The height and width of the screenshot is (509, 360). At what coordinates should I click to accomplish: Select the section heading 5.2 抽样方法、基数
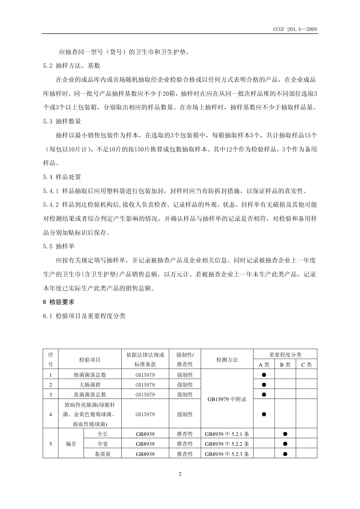click(x=72, y=66)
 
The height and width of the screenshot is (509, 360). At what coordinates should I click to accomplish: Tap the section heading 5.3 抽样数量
click(x=62, y=121)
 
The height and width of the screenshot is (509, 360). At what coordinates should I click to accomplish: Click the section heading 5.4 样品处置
click(x=62, y=177)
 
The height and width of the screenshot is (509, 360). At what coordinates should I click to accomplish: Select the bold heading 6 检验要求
click(x=59, y=302)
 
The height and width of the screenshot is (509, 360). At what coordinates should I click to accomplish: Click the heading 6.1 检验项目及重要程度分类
click(x=84, y=316)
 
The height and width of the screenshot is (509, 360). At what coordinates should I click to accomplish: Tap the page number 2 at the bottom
click(x=180, y=474)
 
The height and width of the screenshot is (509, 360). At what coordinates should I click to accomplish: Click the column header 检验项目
click(x=90, y=360)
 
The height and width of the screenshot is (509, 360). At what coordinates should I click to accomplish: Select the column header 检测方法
click(x=227, y=360)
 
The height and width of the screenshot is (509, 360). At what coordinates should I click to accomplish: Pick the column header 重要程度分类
click(x=285, y=355)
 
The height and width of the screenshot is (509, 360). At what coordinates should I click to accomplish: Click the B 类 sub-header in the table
click(x=285, y=365)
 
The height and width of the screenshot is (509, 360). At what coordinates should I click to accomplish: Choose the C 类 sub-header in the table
click(x=306, y=365)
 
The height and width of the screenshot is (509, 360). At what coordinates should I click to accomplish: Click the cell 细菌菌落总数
click(x=90, y=375)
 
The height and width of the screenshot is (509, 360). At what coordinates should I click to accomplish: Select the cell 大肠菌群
click(x=90, y=385)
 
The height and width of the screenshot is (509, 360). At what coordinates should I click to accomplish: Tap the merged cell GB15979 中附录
click(x=227, y=399)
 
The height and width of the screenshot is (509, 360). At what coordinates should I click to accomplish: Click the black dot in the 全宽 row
click(x=285, y=444)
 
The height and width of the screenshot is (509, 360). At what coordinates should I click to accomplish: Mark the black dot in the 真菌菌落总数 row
click(x=264, y=395)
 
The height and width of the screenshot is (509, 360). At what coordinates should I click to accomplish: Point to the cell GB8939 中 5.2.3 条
click(x=227, y=454)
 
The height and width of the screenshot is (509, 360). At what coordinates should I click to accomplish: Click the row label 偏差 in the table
click(x=71, y=444)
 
